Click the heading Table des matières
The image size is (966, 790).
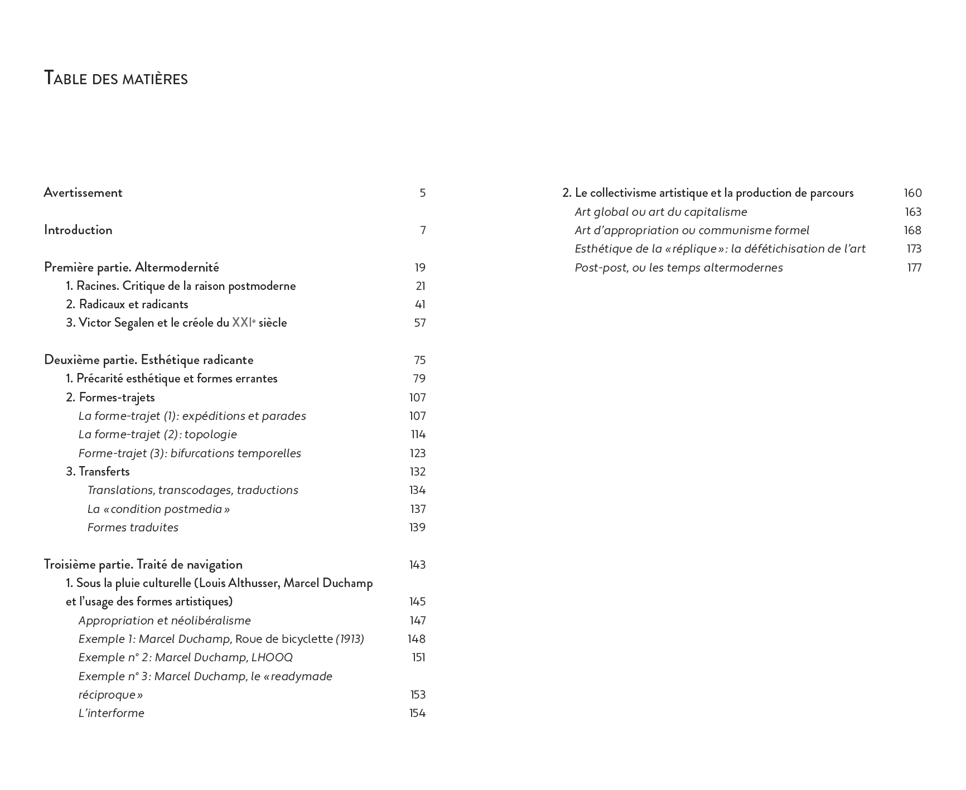coord(115,79)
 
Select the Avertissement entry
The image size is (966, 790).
coord(83,193)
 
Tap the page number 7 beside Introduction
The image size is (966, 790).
coord(423,230)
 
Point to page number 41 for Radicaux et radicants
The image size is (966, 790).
coord(420,304)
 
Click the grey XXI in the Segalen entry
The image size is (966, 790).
coord(241,323)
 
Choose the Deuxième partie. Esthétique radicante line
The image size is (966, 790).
coord(148,360)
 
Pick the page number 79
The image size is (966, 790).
coord(419,379)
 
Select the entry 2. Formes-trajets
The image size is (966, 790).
coord(110,398)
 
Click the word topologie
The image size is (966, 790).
coord(210,435)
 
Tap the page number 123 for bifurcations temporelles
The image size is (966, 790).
coord(418,453)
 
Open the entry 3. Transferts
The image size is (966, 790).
coord(98,472)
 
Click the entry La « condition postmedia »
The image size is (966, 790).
coord(158,509)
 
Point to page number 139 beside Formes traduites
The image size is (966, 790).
coord(418,527)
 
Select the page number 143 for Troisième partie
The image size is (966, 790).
coord(418,565)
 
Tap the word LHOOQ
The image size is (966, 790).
coord(272,658)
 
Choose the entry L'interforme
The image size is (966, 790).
coord(112,714)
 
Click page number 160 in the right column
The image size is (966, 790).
coord(913,193)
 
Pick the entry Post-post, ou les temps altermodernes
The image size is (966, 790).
coord(679,268)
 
